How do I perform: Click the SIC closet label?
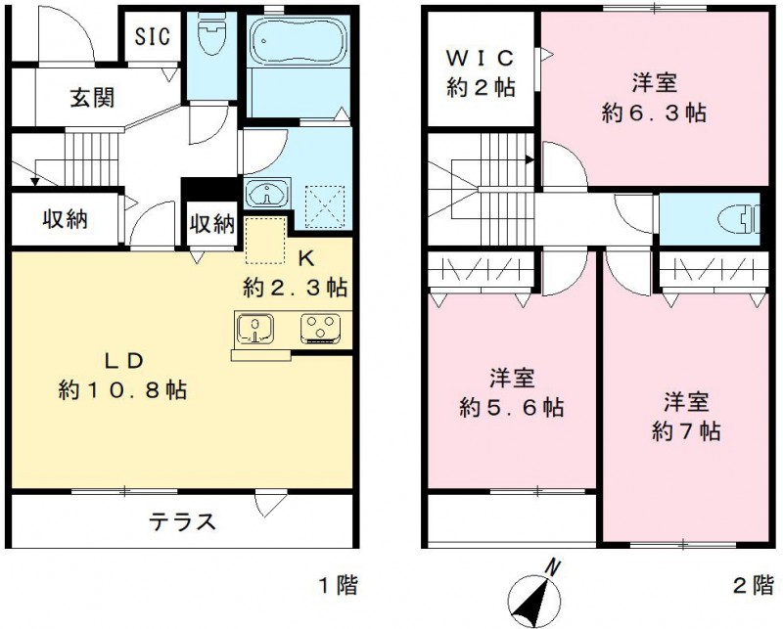[x=152, y=37]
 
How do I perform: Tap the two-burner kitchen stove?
[x=319, y=327]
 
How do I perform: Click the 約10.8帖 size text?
[x=122, y=389]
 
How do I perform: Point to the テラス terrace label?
[x=181, y=520]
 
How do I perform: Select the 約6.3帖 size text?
[x=654, y=112]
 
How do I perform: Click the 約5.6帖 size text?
[x=511, y=407]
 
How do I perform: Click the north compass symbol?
[x=535, y=594]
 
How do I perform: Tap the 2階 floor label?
[x=752, y=586]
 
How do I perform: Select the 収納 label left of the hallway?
[x=65, y=219]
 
